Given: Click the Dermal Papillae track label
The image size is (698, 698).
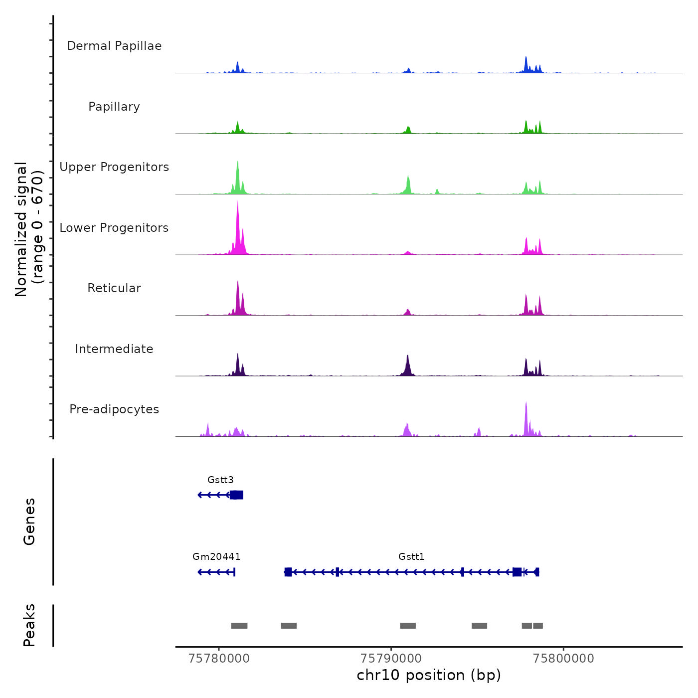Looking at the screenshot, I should [114, 46].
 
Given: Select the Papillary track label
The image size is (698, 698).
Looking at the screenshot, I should [114, 107].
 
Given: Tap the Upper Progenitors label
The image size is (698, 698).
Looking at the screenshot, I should [114, 167].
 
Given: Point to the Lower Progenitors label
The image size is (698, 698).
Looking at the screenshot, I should [114, 228].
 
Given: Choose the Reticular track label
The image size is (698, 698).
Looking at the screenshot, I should [114, 288].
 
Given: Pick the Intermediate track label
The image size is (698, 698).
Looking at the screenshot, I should [114, 349].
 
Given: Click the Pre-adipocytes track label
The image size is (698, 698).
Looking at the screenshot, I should [114, 409].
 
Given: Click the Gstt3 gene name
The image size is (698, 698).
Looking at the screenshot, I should [220, 480].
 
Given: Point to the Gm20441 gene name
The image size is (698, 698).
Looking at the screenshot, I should [216, 557].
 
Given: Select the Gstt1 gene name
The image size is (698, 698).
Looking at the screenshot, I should [411, 557].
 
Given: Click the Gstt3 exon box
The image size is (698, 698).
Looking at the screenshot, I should [237, 495].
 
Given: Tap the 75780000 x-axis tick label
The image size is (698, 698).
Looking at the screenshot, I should [219, 659].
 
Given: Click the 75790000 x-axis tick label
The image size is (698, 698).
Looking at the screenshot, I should [391, 659].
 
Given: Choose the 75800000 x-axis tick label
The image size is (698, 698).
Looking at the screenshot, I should [563, 659].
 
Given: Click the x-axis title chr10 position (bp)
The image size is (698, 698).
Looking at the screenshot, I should [429, 676].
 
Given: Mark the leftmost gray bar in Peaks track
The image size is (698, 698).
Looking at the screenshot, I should [239, 626].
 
